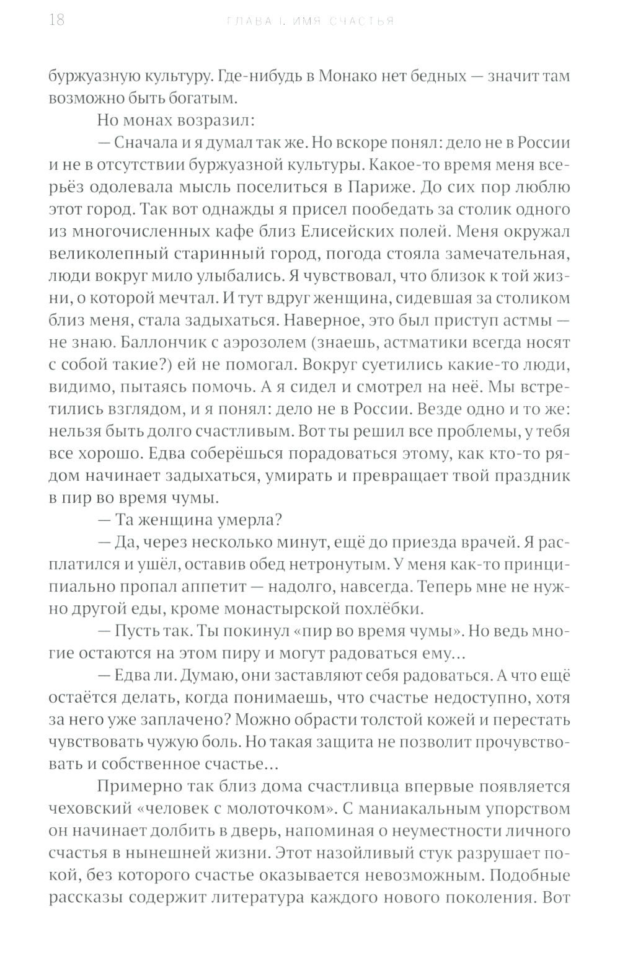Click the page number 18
56,20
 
